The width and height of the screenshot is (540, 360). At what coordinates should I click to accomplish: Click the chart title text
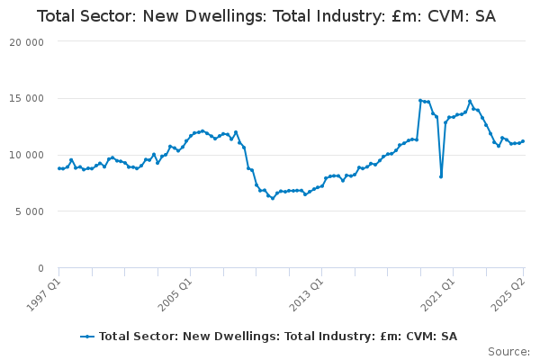coord(266,16)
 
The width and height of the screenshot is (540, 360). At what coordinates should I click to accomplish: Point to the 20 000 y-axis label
coord(26,42)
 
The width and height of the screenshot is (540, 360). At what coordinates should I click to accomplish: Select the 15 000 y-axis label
coord(26,99)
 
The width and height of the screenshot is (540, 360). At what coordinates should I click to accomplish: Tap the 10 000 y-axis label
coord(26,156)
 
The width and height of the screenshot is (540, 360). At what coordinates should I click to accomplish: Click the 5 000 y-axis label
coord(30,211)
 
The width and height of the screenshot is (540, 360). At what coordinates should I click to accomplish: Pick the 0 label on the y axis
coord(41,268)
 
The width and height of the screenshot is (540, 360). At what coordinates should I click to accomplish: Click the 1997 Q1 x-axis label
coord(44,295)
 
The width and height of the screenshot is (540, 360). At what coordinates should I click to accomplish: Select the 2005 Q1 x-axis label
coord(175,295)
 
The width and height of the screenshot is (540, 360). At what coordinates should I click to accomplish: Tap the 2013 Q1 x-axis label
coord(307,295)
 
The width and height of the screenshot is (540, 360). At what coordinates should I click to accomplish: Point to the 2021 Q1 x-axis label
coord(438,295)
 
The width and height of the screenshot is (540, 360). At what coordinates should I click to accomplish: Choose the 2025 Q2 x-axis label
coord(508,295)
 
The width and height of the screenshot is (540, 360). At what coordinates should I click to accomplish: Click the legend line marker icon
coord(87,337)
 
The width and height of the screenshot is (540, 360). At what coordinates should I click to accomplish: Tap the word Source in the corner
coord(508,352)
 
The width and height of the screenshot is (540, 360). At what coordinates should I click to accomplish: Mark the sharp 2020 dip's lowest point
coord(441,176)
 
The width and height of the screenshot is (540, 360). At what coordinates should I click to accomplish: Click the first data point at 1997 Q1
coord(58,168)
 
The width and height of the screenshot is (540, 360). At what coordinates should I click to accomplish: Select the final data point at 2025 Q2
coord(523,141)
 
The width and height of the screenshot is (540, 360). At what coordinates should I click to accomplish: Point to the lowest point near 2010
coord(273,198)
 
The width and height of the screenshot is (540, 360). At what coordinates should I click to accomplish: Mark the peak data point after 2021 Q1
coord(470,102)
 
